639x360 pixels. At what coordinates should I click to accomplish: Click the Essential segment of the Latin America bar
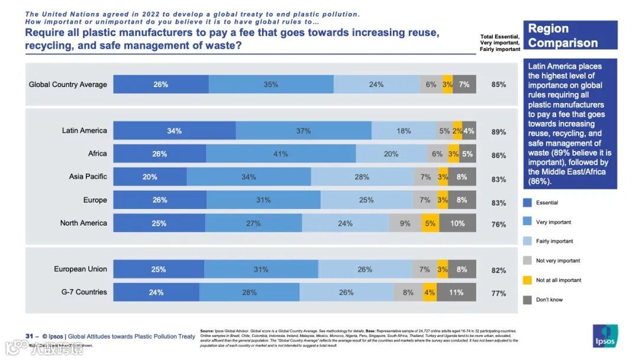coord(174,131)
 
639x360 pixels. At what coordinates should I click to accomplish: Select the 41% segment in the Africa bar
coord(280,154)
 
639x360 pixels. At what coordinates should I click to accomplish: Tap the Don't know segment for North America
coord(457,223)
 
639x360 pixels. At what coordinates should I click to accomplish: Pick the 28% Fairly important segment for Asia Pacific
coord(362,177)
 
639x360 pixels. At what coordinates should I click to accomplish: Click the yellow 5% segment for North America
coord(430,223)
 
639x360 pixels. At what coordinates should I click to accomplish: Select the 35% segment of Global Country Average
coord(271,85)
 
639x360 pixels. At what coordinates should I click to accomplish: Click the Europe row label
coord(95,200)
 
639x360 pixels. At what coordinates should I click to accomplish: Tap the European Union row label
coord(80,269)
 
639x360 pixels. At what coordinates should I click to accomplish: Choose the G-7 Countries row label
coord(83,292)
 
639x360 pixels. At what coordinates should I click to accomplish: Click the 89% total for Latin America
coord(499,132)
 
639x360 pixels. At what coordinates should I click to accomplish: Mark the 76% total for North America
coord(499,224)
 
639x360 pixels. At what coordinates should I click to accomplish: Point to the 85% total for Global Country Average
coord(499,85)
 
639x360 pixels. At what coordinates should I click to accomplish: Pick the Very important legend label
coord(553,222)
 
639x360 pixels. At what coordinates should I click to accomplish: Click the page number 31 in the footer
coord(29,336)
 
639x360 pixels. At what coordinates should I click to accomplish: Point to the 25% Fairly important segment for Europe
coord(366,200)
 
